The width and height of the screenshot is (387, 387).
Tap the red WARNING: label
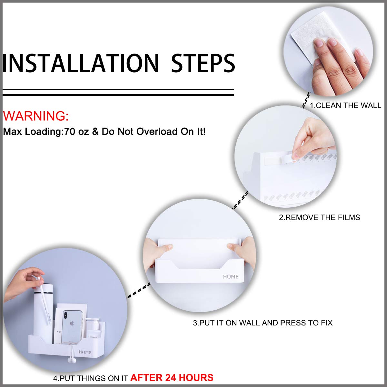[x=36, y=116]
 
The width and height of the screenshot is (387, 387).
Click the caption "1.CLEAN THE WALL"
[x=345, y=105]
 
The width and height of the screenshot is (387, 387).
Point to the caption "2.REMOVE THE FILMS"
[x=319, y=217]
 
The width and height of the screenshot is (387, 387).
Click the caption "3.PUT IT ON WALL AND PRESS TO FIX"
[x=263, y=322]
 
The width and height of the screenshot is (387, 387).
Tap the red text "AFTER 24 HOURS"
[x=172, y=377]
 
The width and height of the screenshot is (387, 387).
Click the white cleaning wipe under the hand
[x=310, y=42]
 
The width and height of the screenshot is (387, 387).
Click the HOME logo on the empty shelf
[x=231, y=277]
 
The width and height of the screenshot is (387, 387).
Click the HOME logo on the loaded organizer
[x=85, y=352]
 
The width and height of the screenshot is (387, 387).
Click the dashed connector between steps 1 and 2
[x=306, y=100]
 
